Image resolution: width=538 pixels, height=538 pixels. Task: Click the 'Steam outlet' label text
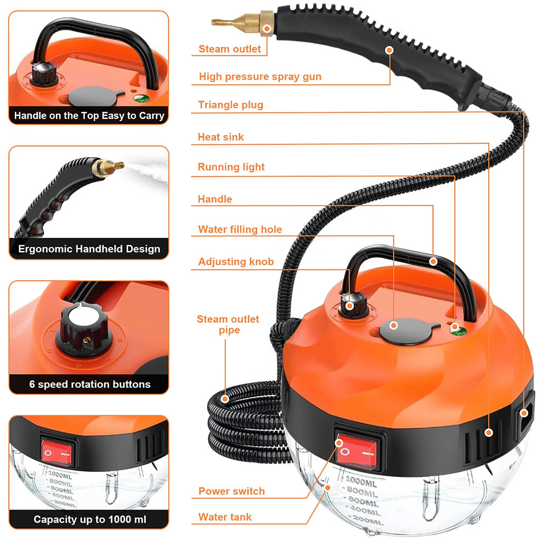tap(230, 49)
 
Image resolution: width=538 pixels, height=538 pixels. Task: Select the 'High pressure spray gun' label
tap(260, 76)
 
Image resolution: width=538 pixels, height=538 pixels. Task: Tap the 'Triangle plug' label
tap(231, 105)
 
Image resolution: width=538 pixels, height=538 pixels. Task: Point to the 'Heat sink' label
tap(221, 137)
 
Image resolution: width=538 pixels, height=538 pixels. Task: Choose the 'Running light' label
tap(231, 167)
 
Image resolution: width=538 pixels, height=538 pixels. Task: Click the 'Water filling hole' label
tap(240, 229)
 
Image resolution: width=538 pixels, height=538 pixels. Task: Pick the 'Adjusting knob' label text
tap(236, 261)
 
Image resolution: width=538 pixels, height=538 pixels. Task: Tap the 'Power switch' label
tap(231, 491)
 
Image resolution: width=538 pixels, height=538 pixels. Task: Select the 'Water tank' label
tap(225, 516)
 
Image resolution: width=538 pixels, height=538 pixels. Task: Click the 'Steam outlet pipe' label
tap(228, 324)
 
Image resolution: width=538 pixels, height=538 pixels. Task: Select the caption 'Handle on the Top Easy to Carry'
tap(89, 116)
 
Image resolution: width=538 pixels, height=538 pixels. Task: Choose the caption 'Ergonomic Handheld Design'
tap(89, 249)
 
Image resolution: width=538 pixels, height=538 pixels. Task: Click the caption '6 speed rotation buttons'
tap(90, 384)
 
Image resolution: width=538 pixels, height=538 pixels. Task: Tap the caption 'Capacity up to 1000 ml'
tap(90, 520)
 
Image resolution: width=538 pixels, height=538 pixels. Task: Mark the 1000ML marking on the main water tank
tap(361, 482)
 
